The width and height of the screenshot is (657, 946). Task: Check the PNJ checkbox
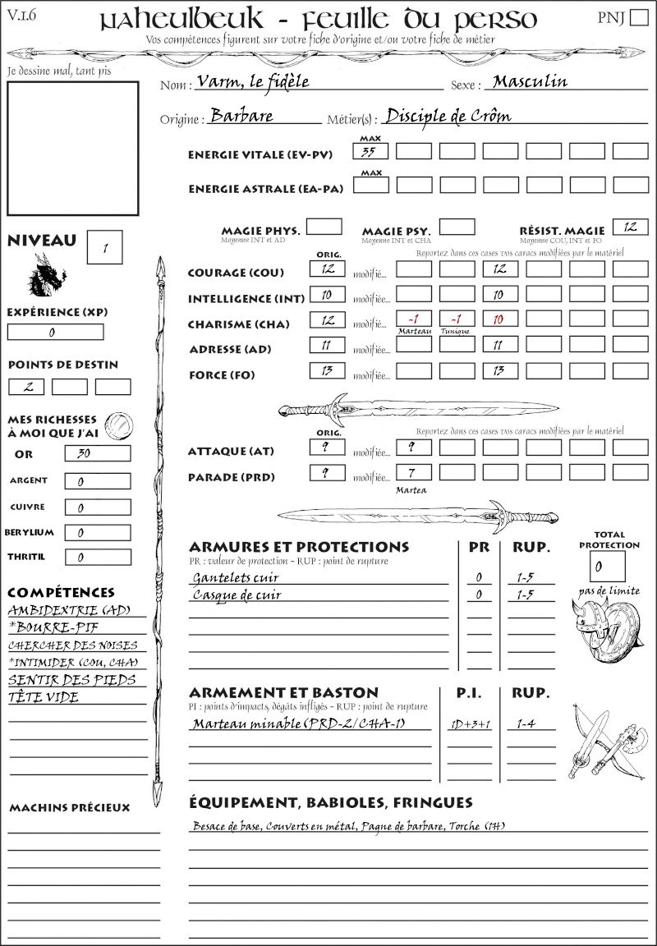(637, 18)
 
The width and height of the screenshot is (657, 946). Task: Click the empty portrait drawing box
(72, 148)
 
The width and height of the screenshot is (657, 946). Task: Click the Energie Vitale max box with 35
(371, 151)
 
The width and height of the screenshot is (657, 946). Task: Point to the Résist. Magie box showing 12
(630, 227)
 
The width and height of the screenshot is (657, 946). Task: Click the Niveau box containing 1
(106, 247)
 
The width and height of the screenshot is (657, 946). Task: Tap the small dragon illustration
(46, 275)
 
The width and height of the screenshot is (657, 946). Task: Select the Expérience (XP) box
(55, 332)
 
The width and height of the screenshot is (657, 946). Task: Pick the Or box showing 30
(97, 453)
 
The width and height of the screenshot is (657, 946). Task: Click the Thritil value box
(97, 558)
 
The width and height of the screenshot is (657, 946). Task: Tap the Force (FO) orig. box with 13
(327, 371)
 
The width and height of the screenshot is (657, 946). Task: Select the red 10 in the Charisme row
(499, 319)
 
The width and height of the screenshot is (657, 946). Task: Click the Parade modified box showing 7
(413, 473)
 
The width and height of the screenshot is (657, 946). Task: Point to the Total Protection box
(608, 566)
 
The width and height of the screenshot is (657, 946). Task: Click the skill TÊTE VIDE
(44, 698)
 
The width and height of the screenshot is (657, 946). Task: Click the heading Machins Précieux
(69, 808)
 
